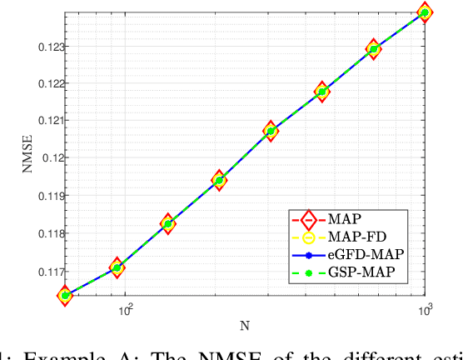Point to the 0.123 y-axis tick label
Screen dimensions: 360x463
[42, 47]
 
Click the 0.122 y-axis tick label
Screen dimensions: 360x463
[42, 84]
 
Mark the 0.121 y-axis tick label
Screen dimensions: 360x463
[42, 121]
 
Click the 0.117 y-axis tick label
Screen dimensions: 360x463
[42, 271]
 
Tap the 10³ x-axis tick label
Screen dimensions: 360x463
[426, 311]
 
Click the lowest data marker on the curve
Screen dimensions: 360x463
[65, 295]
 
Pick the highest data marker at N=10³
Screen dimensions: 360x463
[425, 12]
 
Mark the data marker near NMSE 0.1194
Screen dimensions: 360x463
[219, 180]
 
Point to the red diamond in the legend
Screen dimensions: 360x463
[306, 221]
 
